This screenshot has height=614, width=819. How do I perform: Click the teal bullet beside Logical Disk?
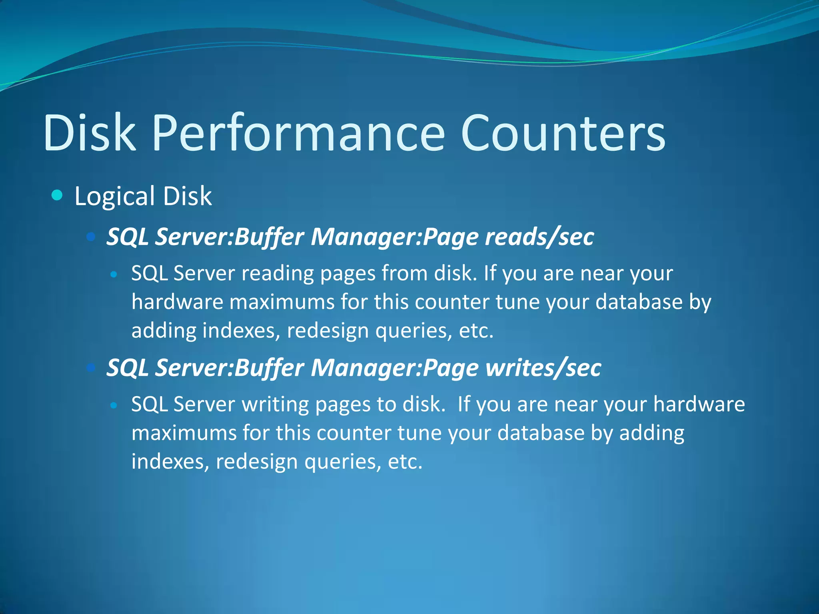click(58, 195)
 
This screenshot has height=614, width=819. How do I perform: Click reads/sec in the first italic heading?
click(539, 237)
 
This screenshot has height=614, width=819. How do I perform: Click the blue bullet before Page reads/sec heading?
click(91, 237)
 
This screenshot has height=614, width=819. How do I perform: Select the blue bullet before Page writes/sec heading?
click(91, 367)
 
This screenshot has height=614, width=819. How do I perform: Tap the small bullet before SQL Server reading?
click(114, 275)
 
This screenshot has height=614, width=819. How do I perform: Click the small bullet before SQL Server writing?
click(114, 405)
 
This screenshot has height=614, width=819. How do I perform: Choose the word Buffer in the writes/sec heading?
click(269, 367)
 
